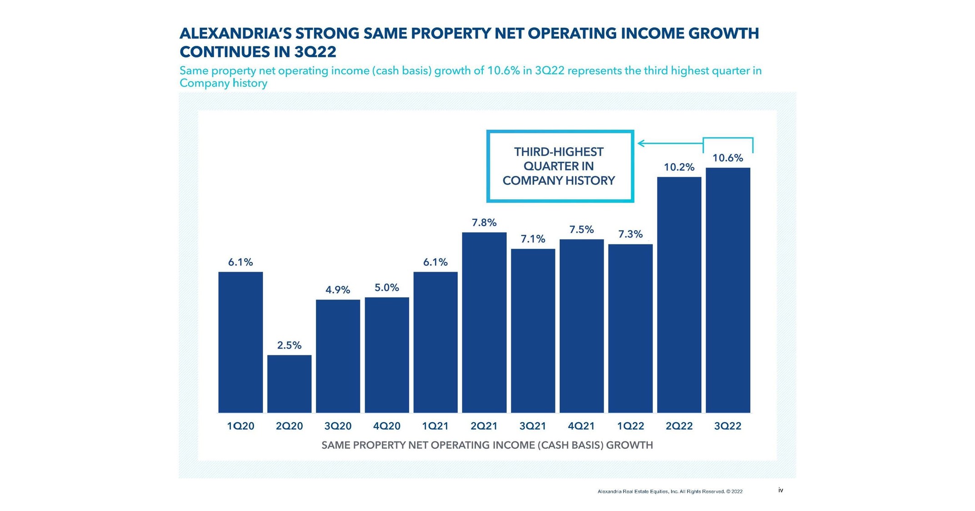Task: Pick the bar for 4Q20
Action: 387,355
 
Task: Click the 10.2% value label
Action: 679,167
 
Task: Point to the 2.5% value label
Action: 289,345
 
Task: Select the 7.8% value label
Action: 484,223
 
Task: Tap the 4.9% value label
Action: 338,290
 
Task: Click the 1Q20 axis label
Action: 240,426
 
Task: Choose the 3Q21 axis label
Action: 533,426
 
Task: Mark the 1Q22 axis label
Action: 630,426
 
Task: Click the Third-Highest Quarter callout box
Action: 560,166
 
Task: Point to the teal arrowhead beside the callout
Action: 641,143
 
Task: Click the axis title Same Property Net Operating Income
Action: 487,445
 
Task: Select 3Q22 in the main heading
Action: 315,52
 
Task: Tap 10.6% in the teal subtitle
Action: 503,71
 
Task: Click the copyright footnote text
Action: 670,491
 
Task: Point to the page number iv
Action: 780,490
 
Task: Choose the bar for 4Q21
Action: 581,326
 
